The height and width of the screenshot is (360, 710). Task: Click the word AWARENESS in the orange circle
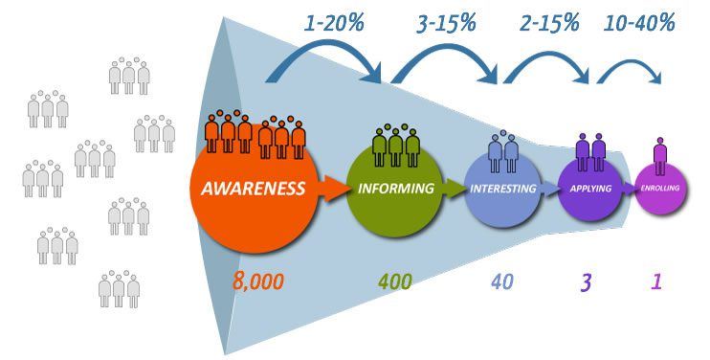coord(254,189)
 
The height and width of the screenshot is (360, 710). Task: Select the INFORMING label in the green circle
coord(396,189)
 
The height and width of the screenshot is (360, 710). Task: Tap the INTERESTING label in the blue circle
coord(503,189)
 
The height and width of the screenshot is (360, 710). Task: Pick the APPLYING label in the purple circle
coord(590,189)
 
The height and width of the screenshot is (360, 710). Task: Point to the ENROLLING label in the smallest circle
coord(660,188)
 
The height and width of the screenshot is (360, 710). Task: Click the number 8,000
coord(258,281)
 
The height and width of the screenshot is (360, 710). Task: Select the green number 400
coord(395,281)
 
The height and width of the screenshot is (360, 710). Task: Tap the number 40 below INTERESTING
coord(502,281)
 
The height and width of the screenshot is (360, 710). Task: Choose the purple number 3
coord(586,282)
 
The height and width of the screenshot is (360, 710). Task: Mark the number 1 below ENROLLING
coord(656,281)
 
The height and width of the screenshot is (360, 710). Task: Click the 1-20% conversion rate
coord(334,23)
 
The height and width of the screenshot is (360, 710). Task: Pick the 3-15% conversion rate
coord(446,23)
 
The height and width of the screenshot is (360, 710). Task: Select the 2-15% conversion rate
coord(549,22)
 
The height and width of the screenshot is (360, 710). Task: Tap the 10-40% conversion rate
coord(639,22)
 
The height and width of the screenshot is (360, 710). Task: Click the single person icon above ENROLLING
coord(660,156)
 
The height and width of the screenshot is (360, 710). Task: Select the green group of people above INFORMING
coord(396,145)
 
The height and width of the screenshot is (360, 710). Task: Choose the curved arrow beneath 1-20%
coord(324,44)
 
